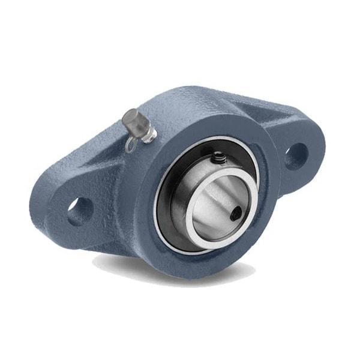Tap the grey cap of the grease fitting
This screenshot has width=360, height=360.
(x=133, y=119)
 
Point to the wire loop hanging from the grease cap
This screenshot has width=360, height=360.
(x=131, y=143)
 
